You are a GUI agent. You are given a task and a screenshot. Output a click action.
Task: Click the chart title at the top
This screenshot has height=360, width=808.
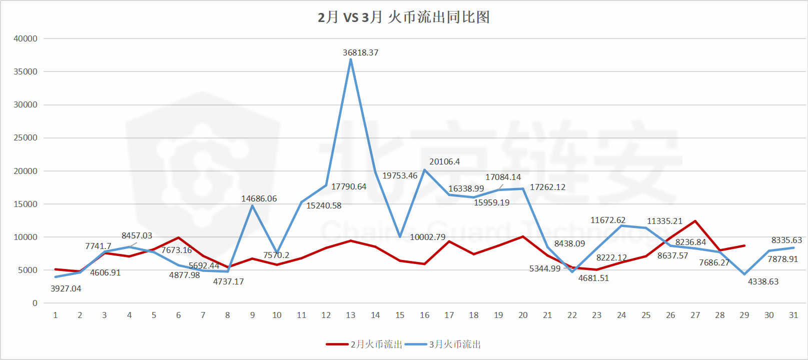[404, 17]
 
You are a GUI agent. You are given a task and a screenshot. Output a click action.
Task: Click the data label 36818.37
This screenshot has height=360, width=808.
[360, 52]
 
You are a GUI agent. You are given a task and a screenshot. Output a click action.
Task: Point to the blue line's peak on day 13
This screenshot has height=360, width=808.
[351, 60]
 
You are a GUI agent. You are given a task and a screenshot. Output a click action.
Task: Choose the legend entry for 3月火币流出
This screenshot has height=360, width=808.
[443, 344]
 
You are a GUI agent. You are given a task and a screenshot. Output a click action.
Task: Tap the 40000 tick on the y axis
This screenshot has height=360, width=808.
[26, 38]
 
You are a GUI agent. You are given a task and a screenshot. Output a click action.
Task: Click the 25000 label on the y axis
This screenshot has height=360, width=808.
[26, 137]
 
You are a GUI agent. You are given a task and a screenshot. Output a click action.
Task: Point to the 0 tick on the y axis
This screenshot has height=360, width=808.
[35, 303]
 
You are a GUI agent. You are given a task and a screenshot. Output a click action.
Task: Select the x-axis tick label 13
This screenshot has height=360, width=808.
[351, 315]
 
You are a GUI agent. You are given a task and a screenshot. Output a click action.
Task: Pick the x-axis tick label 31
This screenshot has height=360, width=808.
[793, 315]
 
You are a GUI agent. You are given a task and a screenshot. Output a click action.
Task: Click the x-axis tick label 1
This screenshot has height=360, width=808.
[55, 315]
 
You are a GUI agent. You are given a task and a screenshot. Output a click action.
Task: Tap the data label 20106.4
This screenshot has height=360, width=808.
[444, 161]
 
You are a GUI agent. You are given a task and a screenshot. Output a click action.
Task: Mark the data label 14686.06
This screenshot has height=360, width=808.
[259, 198]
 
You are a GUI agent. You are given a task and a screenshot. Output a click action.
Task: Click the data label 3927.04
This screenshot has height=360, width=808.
[66, 288]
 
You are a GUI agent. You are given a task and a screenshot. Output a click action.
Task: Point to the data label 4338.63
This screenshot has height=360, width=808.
[763, 281]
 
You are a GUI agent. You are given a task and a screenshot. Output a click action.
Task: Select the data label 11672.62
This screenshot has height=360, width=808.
[608, 220]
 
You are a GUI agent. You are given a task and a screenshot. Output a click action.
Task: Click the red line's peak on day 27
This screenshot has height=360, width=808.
[695, 221]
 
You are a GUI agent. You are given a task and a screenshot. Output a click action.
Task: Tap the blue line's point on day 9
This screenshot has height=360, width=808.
[252, 206]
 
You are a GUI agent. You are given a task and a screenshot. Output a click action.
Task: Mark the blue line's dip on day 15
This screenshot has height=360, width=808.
[400, 236]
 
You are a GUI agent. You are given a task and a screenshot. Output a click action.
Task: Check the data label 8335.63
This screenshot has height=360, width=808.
[786, 240]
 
